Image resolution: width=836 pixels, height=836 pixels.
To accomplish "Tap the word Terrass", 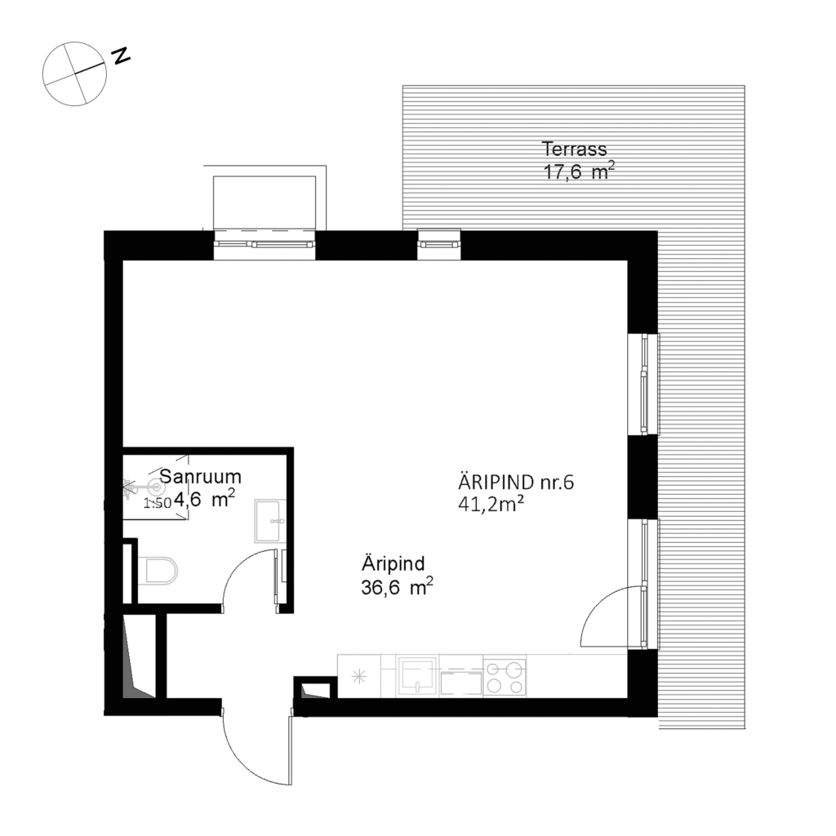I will [575, 149].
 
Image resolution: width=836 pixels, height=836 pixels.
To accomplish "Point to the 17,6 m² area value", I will [578, 171].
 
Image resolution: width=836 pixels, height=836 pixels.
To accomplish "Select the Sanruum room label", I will [200, 477].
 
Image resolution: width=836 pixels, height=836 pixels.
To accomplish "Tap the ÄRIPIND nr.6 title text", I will [516, 482].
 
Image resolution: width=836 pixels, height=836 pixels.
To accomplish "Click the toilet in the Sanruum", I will [158, 571].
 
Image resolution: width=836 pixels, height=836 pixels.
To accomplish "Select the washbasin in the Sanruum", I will [269, 521].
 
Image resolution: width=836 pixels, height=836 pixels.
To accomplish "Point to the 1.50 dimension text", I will [158, 504].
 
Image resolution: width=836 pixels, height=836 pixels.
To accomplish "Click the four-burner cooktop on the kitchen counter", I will [504, 677].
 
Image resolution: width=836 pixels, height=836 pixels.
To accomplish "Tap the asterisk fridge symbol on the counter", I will [358, 676].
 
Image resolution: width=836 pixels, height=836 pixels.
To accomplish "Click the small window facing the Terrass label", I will [439, 243].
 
